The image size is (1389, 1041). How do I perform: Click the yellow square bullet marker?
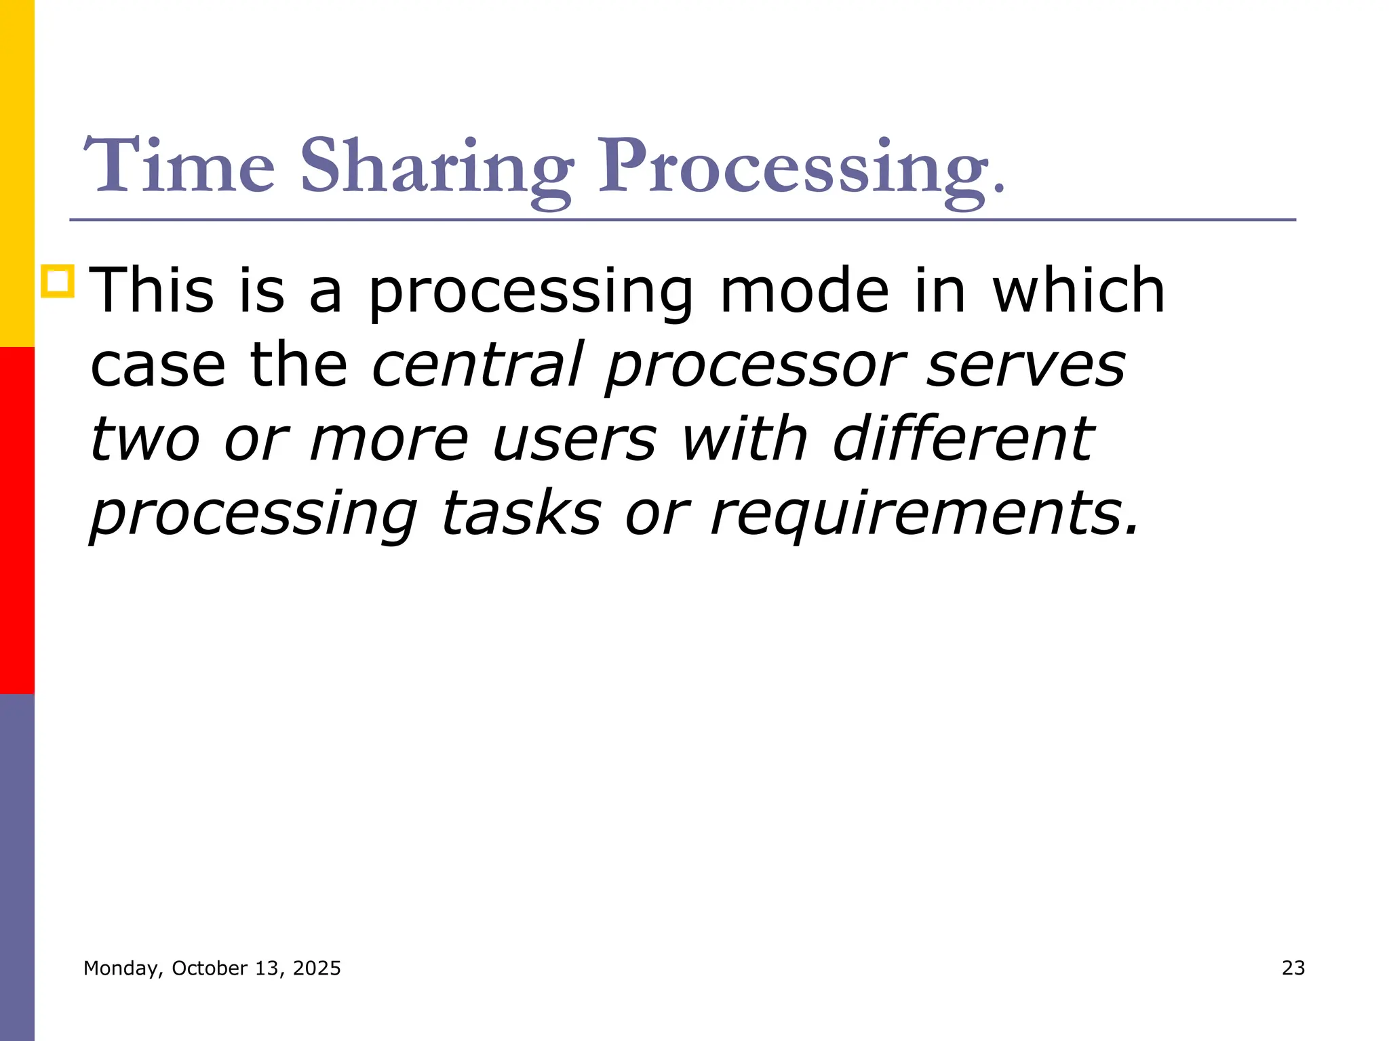58,281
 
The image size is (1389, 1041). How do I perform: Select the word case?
157,365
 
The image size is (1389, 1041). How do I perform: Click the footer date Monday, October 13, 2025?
212,968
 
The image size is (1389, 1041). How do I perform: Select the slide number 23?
1293,968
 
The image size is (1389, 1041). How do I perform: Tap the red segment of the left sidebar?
17,520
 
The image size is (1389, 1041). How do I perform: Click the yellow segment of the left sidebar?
17,173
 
